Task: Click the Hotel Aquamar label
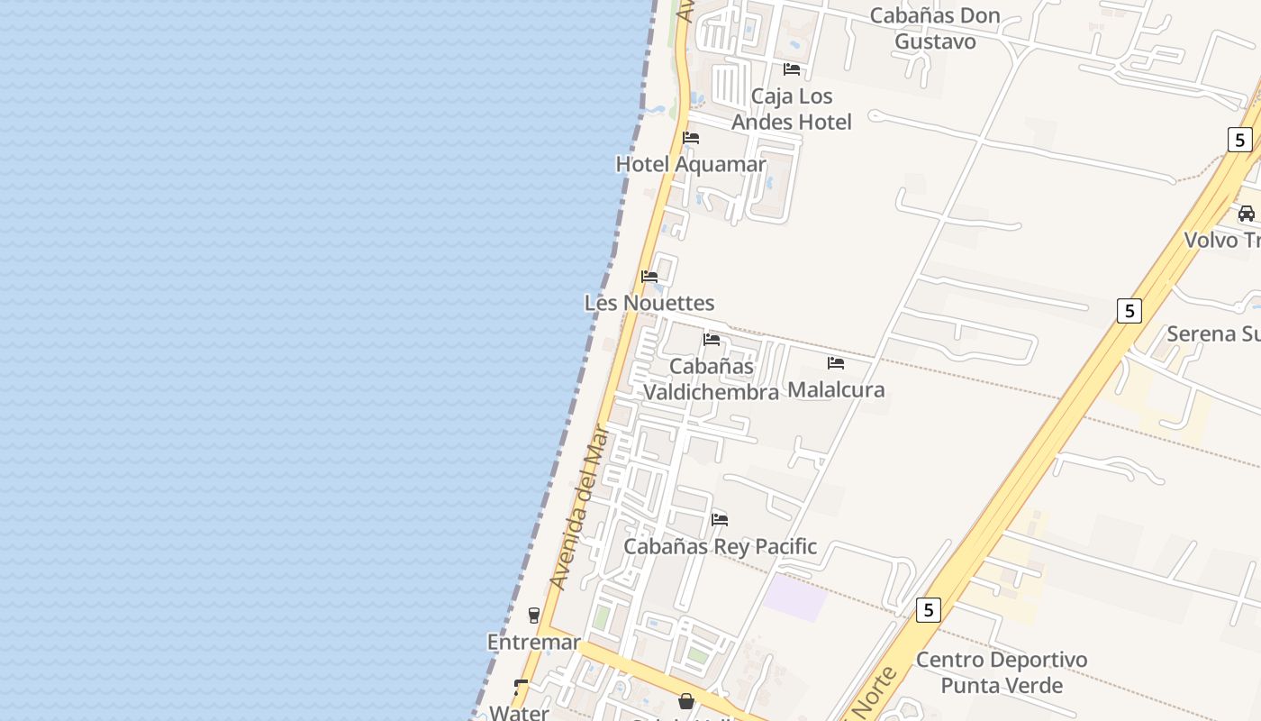click(691, 164)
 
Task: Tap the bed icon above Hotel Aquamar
click(691, 138)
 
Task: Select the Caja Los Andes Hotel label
click(792, 109)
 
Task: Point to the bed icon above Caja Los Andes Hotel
click(792, 69)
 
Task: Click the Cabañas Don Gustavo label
click(935, 28)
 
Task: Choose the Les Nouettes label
click(649, 303)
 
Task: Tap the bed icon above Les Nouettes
click(649, 277)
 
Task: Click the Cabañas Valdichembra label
click(712, 379)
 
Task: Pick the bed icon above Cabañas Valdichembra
click(712, 340)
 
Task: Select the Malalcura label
click(836, 389)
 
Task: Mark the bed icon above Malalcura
click(836, 363)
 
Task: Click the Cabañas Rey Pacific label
click(721, 546)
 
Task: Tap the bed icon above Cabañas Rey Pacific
click(720, 520)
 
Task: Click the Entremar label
click(534, 642)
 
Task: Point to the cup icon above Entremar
click(534, 616)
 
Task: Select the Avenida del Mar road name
click(580, 508)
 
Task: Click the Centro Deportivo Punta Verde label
click(1002, 672)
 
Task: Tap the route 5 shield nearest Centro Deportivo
click(929, 610)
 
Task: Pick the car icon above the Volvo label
click(1247, 214)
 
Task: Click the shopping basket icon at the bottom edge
click(686, 701)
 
